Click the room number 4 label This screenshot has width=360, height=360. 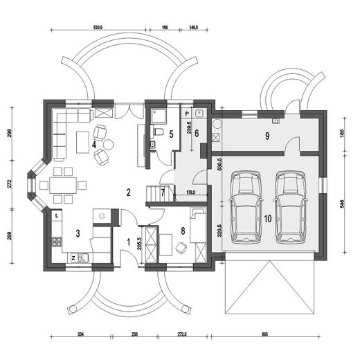click(94, 145)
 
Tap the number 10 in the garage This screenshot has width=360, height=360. click(268, 219)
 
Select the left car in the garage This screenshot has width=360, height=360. click(246, 207)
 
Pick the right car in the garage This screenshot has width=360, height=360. click(291, 207)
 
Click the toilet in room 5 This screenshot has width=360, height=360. click(157, 132)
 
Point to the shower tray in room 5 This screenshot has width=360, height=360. click(159, 116)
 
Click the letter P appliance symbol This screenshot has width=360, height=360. click(187, 114)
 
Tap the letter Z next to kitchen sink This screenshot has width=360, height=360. click(73, 258)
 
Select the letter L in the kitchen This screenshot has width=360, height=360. click(57, 216)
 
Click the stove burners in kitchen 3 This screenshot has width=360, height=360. click(57, 242)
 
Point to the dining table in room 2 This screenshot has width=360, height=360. click(63, 185)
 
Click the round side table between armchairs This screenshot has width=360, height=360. click(108, 145)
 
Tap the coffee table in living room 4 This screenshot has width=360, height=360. click(83, 142)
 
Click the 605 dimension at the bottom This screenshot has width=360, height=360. click(265, 334)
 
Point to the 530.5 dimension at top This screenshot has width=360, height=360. click(98, 28)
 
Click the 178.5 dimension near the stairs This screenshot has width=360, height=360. click(191, 192)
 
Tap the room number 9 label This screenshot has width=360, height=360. click(267, 136)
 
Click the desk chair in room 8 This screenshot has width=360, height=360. click(181, 248)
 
